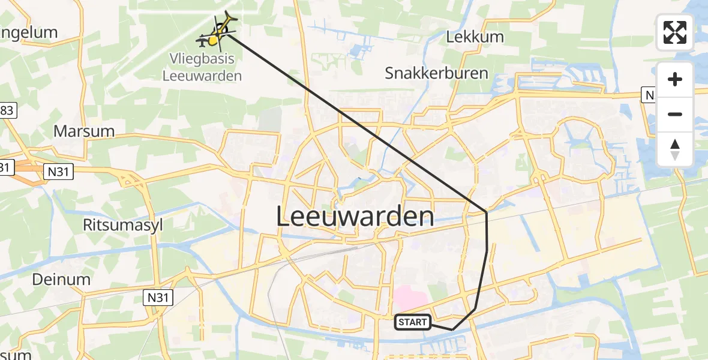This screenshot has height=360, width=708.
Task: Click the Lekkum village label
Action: (475, 37)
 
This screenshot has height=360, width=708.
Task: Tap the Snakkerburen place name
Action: (437, 73)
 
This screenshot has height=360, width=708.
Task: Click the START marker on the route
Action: (413, 322)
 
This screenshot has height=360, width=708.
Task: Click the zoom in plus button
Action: (675, 79)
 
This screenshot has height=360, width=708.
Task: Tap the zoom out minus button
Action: (675, 114)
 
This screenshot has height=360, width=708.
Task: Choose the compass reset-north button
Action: (675, 149)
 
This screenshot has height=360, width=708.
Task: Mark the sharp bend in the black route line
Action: (486, 212)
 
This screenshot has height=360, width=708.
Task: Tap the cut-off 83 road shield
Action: (8, 110)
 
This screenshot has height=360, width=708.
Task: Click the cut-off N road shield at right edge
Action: (648, 95)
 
